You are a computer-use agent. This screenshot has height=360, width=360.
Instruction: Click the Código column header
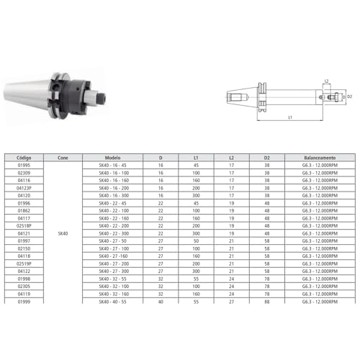[24, 156]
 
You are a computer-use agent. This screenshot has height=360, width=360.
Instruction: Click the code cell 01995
[24, 165]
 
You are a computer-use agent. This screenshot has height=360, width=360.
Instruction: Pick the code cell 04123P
[24, 187]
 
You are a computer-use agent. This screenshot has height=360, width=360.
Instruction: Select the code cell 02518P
[24, 225]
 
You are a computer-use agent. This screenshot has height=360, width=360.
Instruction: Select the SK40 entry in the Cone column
[63, 233]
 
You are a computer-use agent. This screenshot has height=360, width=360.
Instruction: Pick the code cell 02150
[24, 248]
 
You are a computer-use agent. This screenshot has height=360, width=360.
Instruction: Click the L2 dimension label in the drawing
[326, 81]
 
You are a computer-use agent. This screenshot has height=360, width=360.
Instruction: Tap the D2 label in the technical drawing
[349, 96]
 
